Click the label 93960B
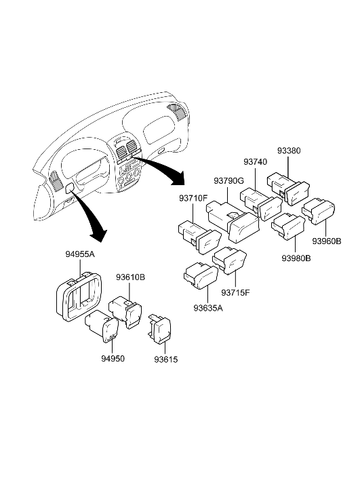pyautogui.click(x=327, y=241)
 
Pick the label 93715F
pyautogui.click(x=237, y=292)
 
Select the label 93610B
pyautogui.click(x=131, y=277)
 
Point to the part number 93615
pyautogui.click(x=164, y=358)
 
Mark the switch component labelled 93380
pyautogui.click(x=287, y=187)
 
